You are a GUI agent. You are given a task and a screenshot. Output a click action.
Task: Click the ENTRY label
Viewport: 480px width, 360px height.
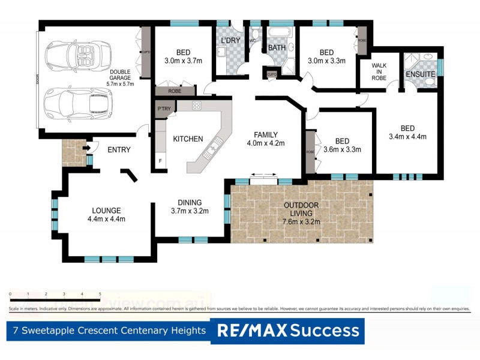(x=119, y=150)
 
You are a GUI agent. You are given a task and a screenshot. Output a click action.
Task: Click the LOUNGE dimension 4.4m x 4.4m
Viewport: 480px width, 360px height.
(x=106, y=219)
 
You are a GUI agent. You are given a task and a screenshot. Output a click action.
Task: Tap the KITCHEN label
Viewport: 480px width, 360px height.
(x=188, y=139)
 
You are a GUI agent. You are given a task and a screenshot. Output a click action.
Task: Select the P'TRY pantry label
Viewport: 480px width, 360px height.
(x=163, y=109)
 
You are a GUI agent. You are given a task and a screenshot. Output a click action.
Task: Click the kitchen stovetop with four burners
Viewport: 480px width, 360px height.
(x=196, y=106)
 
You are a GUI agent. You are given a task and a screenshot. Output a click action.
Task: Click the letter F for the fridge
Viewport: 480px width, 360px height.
(x=160, y=161)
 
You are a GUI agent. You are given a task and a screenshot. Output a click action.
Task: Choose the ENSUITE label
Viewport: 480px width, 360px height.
(x=420, y=74)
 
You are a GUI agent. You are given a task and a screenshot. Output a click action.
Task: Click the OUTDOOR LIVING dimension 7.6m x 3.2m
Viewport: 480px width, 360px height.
(x=302, y=221)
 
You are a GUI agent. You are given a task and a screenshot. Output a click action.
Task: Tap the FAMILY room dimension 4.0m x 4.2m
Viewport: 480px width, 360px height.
(x=265, y=143)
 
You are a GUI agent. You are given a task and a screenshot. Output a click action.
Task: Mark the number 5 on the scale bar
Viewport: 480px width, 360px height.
(x=100, y=295)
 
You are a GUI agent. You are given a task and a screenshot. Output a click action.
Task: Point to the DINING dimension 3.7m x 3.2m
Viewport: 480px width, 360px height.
(x=189, y=211)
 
